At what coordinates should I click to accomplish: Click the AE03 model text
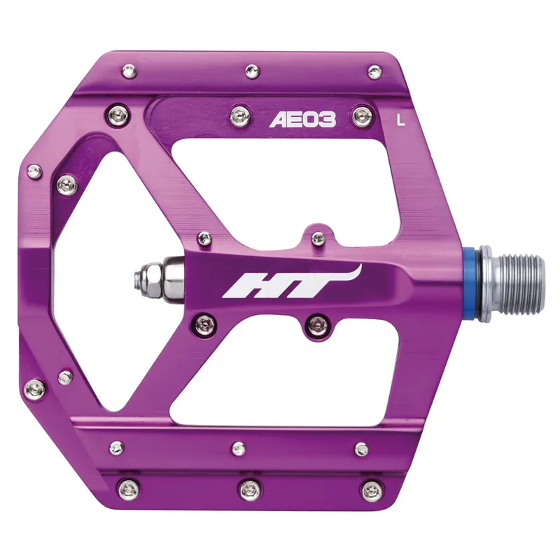302,120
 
